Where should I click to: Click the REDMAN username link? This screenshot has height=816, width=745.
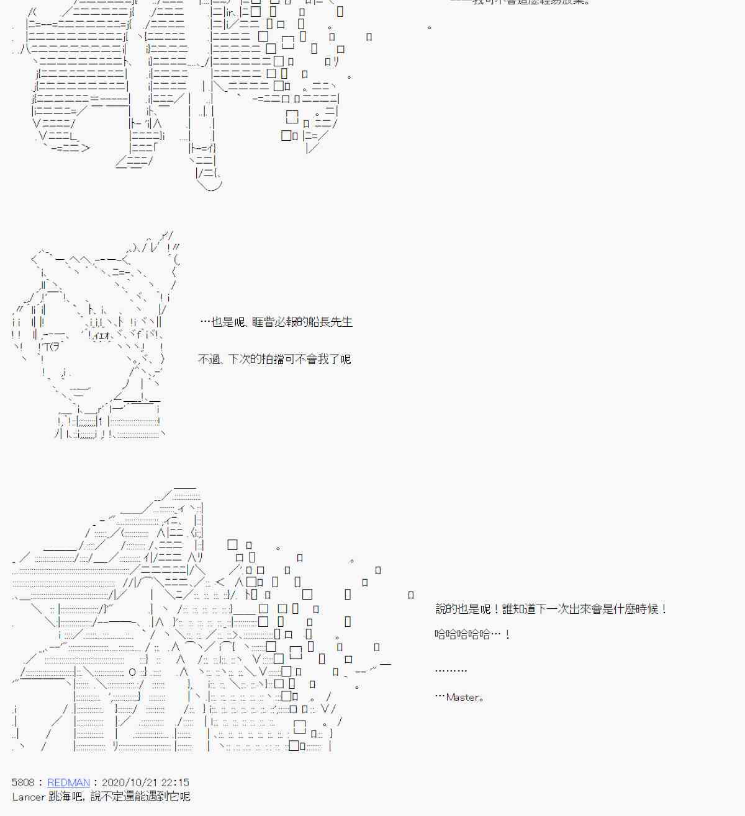[68, 783]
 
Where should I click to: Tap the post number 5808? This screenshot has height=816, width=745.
[23, 783]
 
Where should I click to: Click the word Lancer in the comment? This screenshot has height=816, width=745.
[29, 797]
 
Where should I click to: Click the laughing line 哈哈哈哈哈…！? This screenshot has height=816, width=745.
[472, 634]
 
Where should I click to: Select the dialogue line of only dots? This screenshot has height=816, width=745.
[451, 670]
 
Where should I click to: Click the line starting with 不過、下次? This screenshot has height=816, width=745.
[274, 359]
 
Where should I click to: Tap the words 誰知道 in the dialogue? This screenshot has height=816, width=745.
[519, 609]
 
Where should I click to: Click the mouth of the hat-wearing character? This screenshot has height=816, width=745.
[80, 390]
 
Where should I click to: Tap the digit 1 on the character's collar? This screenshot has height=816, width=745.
[100, 422]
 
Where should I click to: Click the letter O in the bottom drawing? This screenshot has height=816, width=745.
[132, 672]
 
